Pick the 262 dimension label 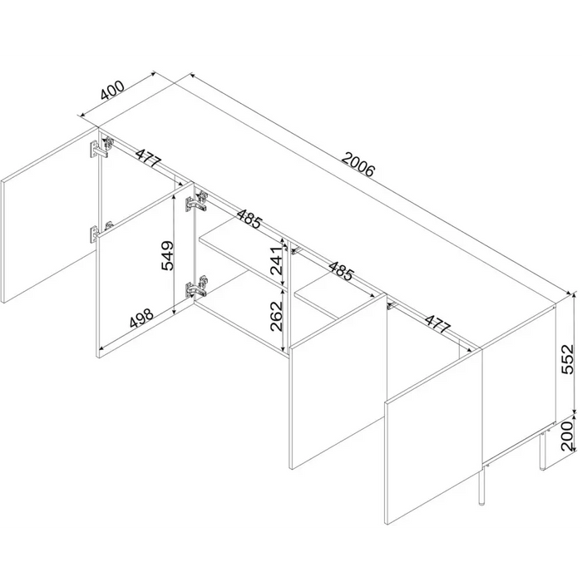pyautogui.click(x=279, y=316)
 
